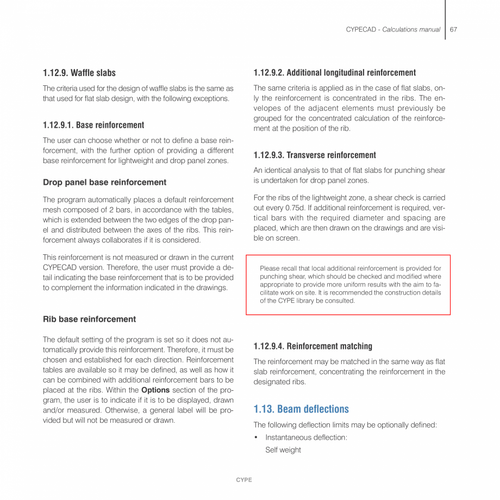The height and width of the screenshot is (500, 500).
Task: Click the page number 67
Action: coord(453,29)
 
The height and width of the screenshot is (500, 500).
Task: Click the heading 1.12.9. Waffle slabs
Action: coord(79,73)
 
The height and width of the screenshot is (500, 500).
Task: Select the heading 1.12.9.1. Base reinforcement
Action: coord(93,125)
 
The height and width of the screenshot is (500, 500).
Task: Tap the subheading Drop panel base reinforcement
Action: coord(105,182)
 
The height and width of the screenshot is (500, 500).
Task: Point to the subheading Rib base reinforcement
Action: coord(90,319)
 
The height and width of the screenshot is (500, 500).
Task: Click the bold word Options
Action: coord(155,390)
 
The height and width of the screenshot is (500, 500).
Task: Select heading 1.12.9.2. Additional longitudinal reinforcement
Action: coord(335,73)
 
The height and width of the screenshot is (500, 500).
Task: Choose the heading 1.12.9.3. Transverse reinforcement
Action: coord(315,155)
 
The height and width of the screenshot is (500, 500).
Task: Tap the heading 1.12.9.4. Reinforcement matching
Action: coord(313,346)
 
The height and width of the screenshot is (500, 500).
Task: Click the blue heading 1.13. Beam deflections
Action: coord(301,409)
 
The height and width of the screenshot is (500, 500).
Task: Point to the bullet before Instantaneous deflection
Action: coord(256,437)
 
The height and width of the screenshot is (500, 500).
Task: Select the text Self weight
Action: coord(283,450)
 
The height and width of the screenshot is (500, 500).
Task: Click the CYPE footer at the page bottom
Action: coord(244,480)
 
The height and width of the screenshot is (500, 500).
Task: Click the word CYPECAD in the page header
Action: coord(361,29)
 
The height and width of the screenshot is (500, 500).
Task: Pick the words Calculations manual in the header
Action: coord(411,29)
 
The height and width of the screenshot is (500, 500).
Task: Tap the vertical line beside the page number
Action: coord(445,20)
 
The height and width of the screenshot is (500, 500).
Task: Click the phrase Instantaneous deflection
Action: coord(306,437)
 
